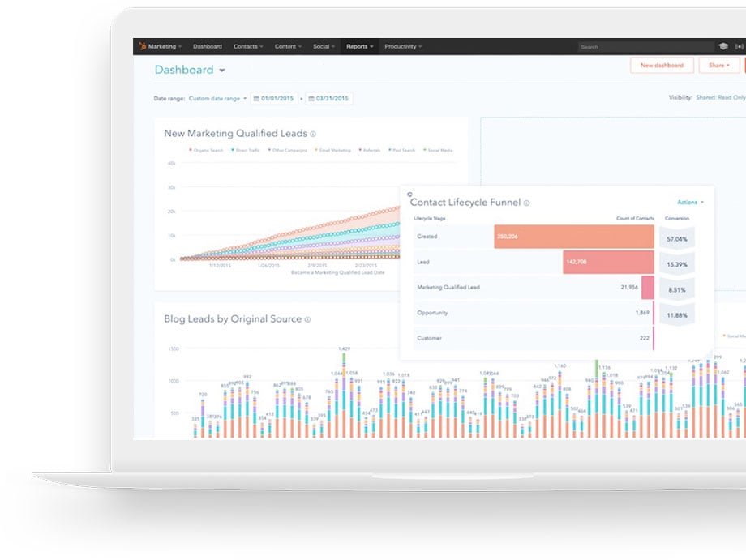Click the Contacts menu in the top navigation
[x=248, y=47]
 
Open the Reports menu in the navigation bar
[x=359, y=47]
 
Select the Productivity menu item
[x=403, y=47]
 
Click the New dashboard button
[x=662, y=66]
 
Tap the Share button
[x=718, y=66]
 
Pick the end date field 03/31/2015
[x=328, y=99]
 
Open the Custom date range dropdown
[x=217, y=99]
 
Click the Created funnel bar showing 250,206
[x=573, y=237]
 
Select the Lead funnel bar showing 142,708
[x=608, y=263]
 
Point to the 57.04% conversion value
[x=676, y=240]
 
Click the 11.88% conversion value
[x=676, y=315]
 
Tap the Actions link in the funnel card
[x=690, y=203]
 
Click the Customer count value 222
[x=643, y=338]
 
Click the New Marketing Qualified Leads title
[x=234, y=134]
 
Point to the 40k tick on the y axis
[x=171, y=163]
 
